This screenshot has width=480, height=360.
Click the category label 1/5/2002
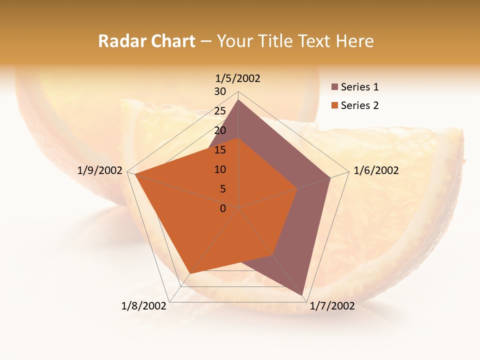(x=238, y=78)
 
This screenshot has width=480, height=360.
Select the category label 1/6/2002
(x=376, y=170)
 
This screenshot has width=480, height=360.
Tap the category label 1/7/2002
(x=332, y=306)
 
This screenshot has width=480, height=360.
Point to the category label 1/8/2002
(x=144, y=306)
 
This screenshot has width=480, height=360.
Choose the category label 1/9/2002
(x=100, y=170)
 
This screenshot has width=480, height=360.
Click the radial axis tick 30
(x=220, y=91)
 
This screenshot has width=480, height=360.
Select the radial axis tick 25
(x=220, y=111)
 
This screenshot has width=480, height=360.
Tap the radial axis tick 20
(x=220, y=130)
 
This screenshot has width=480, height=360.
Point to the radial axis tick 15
(x=220, y=150)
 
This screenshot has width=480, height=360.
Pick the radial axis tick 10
(x=220, y=169)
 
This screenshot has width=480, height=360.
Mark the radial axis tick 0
(x=223, y=208)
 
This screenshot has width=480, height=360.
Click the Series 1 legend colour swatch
(x=334, y=87)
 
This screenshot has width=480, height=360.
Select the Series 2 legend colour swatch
(x=334, y=105)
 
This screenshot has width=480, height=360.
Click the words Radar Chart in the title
(x=146, y=41)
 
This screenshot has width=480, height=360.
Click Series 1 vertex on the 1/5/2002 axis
(x=238, y=100)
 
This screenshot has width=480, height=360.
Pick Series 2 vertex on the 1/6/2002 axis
(x=297, y=188)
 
